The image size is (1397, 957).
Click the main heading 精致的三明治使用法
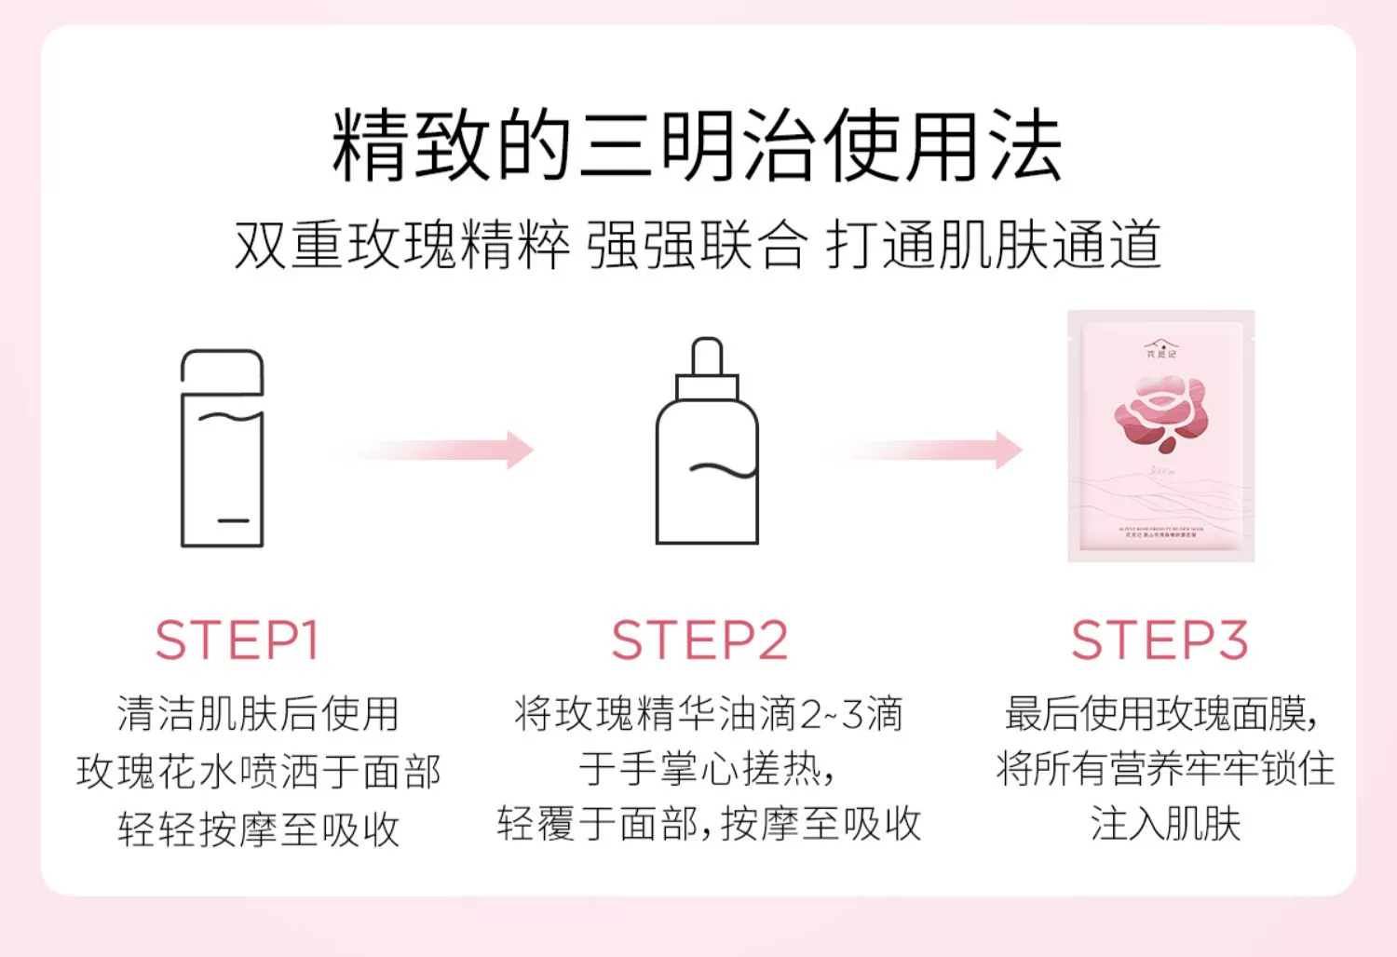(x=697, y=146)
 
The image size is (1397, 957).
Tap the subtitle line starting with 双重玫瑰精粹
(x=697, y=245)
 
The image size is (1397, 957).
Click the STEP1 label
(x=237, y=640)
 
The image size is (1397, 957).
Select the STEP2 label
(x=699, y=640)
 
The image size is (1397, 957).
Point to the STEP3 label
(x=1160, y=640)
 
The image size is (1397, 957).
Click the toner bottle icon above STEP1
(x=222, y=449)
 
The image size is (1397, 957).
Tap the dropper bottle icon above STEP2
(x=707, y=442)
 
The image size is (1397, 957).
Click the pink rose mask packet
(x=1160, y=436)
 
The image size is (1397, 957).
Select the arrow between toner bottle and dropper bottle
(x=434, y=450)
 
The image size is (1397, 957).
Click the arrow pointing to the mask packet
(x=922, y=450)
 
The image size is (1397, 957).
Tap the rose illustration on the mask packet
(x=1160, y=412)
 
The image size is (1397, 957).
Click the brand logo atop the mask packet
(x=1160, y=349)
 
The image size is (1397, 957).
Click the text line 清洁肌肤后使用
(x=258, y=714)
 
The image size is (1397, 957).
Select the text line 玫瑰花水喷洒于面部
(x=258, y=772)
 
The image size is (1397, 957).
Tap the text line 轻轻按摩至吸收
(x=258, y=829)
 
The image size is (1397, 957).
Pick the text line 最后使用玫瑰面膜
(x=1160, y=714)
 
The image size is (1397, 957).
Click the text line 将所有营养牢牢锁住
(x=1164, y=770)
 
